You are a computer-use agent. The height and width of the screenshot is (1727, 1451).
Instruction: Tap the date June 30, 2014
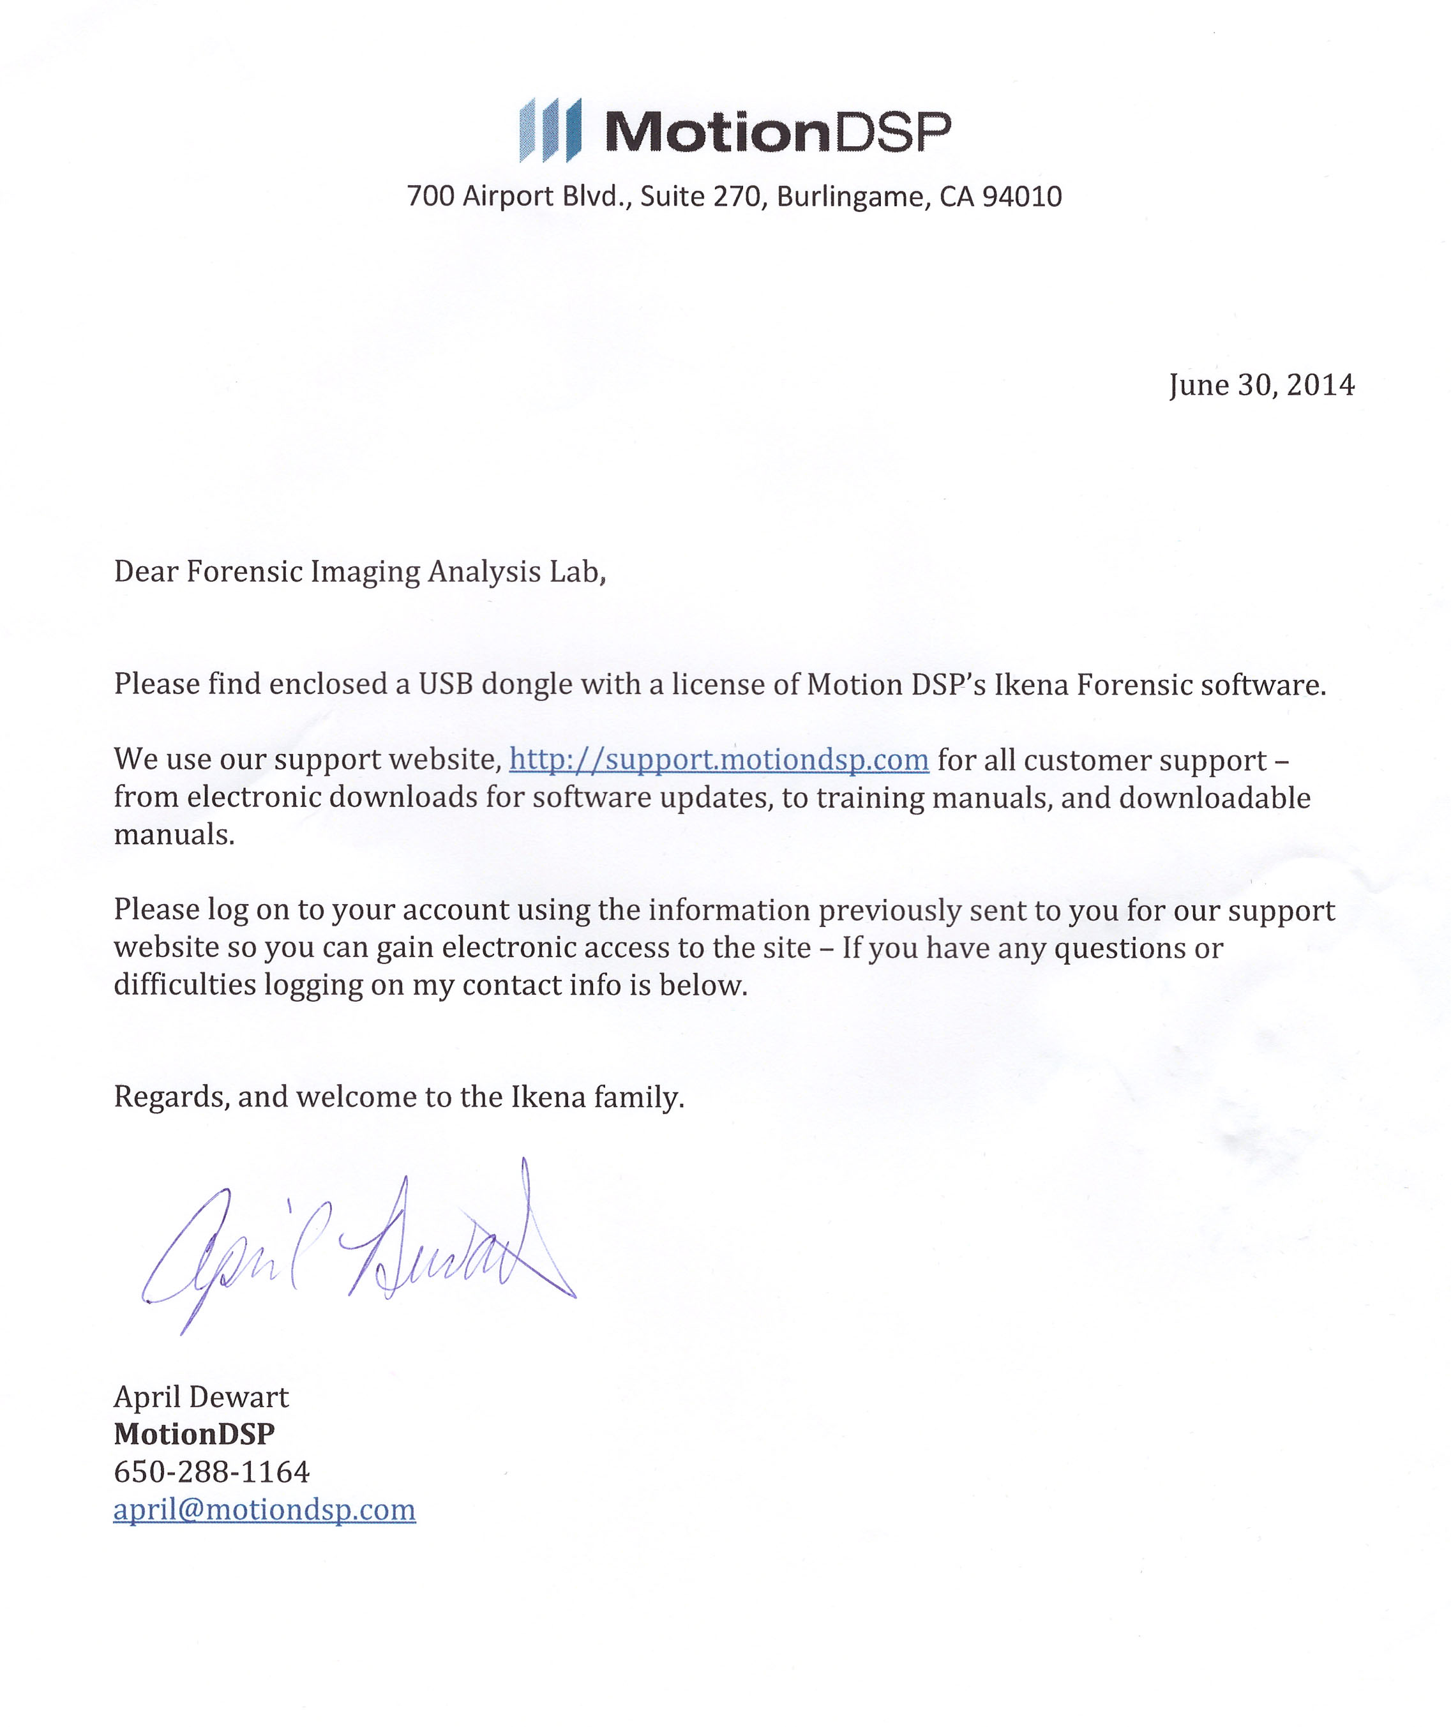[x=1261, y=385]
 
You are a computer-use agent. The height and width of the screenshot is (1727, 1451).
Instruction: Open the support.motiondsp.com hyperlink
[x=719, y=759]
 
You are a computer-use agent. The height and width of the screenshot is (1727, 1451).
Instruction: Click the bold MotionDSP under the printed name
[x=194, y=1434]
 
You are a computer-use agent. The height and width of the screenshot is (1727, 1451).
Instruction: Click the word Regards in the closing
[x=171, y=1097]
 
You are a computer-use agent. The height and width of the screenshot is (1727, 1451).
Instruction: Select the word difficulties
[x=185, y=985]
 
